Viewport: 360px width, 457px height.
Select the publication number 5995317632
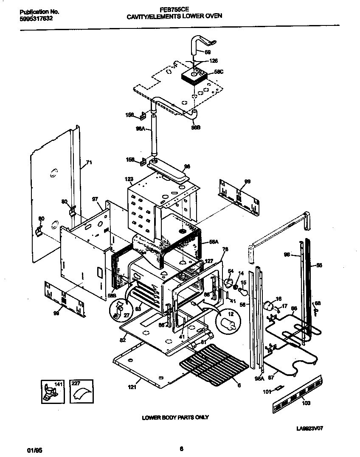tap(37, 19)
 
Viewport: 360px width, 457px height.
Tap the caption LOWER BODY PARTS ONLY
tap(175, 418)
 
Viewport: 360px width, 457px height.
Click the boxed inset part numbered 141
tap(51, 391)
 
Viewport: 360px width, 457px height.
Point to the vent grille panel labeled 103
tap(300, 393)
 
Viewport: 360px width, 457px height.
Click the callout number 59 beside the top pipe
tap(208, 52)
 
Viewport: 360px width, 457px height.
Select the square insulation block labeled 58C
tap(194, 76)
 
